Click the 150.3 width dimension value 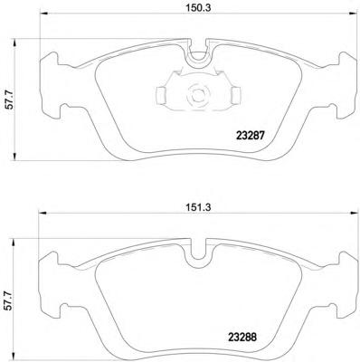tap(198, 8)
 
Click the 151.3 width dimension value tap(198, 207)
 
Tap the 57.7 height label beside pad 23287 tap(10, 100)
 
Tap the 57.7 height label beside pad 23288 tap(10, 300)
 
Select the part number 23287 tap(251, 136)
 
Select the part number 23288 tap(242, 337)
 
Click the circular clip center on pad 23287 tap(198, 95)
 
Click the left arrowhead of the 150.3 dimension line tap(44, 14)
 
